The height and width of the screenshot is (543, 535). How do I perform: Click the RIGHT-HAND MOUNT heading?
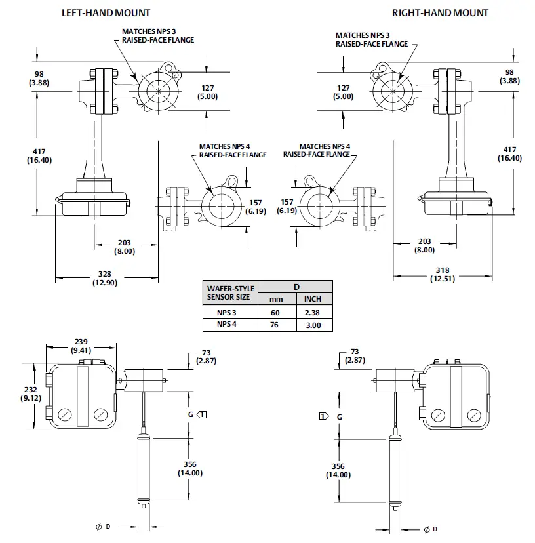440,12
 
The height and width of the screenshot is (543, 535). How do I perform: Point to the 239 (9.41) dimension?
82,345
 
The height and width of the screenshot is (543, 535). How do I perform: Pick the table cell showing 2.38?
313,313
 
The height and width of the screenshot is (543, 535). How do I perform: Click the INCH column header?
313,299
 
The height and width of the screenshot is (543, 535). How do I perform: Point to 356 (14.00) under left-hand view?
190,468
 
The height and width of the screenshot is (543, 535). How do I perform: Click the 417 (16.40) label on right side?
509,154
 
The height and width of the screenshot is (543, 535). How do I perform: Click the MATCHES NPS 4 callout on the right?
317,150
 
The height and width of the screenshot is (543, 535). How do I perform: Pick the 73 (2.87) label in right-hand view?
355,356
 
